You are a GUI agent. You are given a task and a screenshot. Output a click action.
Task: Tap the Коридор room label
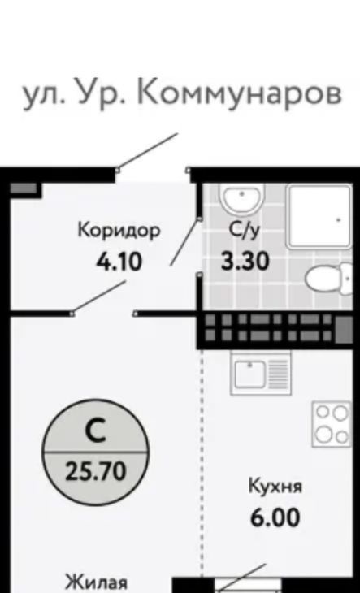(x=119, y=232)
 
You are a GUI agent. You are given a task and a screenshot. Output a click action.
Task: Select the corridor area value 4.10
(x=119, y=262)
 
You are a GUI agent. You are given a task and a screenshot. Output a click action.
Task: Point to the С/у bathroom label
(x=245, y=232)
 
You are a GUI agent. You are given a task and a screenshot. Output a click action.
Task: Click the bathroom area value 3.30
(x=245, y=261)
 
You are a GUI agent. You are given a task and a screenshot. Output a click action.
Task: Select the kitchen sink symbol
(x=261, y=372)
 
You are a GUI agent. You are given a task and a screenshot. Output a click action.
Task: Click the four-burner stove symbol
(x=332, y=424)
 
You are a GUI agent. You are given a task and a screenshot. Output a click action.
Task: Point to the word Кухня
(x=275, y=487)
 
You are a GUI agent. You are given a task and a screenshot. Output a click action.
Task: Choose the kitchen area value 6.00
(x=275, y=517)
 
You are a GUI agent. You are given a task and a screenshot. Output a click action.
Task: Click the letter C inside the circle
(x=95, y=431)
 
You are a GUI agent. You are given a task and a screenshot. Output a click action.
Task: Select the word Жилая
(x=96, y=583)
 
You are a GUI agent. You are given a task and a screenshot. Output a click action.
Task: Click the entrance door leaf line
(x=147, y=152)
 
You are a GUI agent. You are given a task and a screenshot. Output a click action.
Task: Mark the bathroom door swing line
(x=185, y=242)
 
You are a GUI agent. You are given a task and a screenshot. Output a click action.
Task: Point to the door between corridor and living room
(x=98, y=297)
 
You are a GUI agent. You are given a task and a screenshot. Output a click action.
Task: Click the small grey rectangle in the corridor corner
(x=24, y=188)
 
